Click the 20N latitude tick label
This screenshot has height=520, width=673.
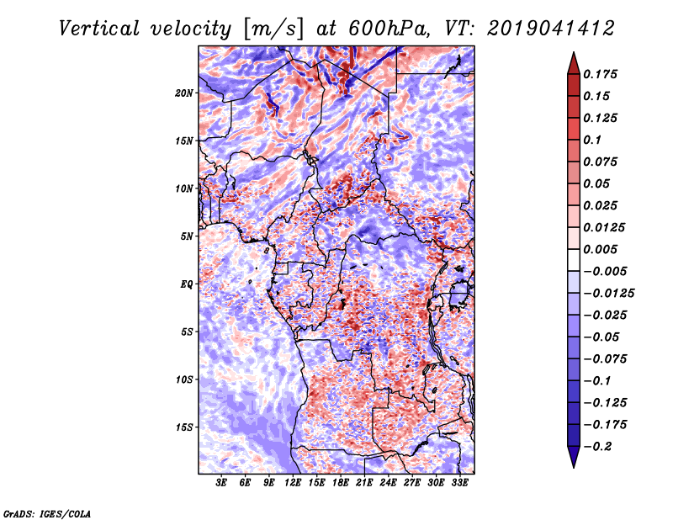pyautogui.click(x=184, y=93)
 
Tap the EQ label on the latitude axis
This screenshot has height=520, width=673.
pyautogui.click(x=187, y=284)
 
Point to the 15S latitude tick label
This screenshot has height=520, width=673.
pyautogui.click(x=184, y=427)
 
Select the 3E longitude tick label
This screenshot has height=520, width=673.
pyautogui.click(x=221, y=483)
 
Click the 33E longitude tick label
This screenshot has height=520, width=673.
pyautogui.click(x=459, y=483)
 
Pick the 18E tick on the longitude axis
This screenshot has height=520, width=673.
pyautogui.click(x=341, y=483)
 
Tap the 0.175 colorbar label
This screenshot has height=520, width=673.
pyautogui.click(x=600, y=74)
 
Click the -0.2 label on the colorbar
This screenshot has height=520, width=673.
pyautogui.click(x=597, y=447)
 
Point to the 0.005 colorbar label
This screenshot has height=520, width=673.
pyautogui.click(x=600, y=249)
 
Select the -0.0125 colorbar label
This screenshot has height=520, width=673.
pyautogui.click(x=608, y=294)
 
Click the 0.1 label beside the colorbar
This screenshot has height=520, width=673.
pyautogui.click(x=592, y=140)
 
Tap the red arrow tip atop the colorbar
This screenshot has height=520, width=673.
pyautogui.click(x=574, y=53)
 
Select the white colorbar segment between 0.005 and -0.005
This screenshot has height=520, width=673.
pyautogui.click(x=574, y=260)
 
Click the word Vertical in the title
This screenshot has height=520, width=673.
pyautogui.click(x=98, y=29)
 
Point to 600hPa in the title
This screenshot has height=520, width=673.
pyautogui.click(x=389, y=29)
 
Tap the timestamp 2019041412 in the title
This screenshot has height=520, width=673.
pyautogui.click(x=551, y=29)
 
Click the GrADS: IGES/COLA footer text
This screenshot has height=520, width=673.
pyautogui.click(x=47, y=514)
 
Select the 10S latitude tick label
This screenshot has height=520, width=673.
pyautogui.click(x=184, y=379)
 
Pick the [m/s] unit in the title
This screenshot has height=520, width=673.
pyautogui.click(x=273, y=29)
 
